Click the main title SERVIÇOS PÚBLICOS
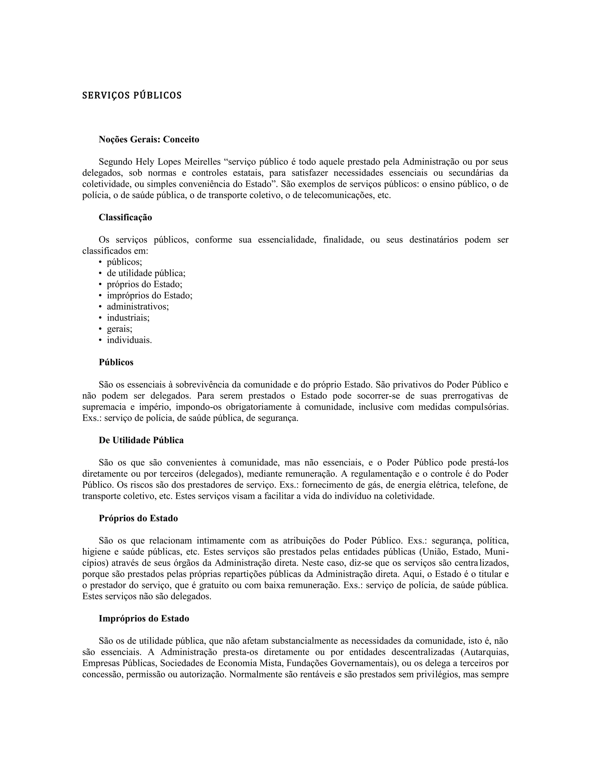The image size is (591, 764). (132, 95)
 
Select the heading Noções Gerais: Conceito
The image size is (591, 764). (149, 140)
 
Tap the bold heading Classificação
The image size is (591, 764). (125, 218)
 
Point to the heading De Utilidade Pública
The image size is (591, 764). (141, 441)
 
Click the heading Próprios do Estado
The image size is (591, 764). (138, 518)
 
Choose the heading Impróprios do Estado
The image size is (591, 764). (144, 618)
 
